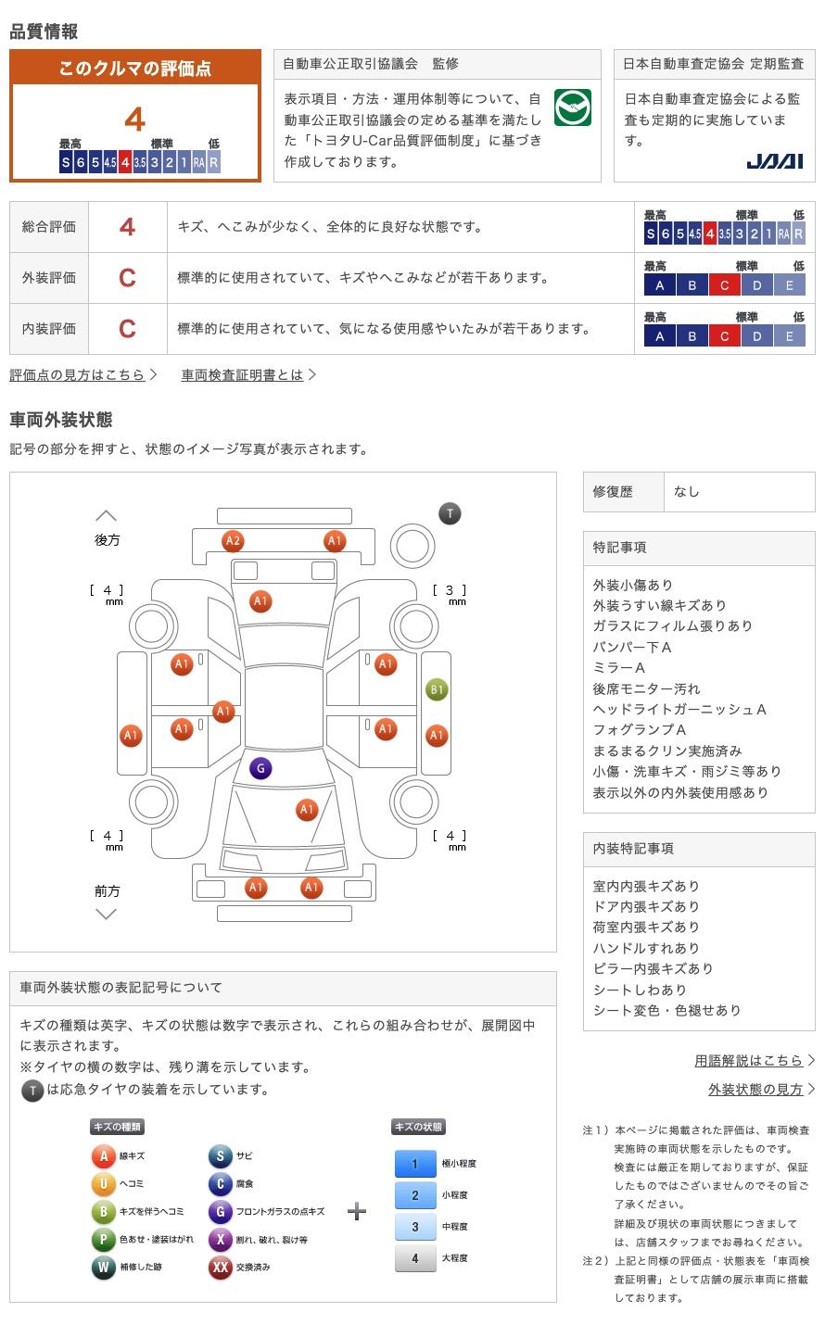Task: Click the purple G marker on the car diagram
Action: coord(260,768)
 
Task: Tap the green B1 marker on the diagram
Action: coord(436,689)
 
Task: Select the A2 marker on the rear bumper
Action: coord(233,541)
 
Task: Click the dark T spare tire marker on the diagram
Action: coord(450,513)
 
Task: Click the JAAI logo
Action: coord(774,161)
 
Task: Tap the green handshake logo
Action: coord(573,108)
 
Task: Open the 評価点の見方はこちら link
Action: coord(78,374)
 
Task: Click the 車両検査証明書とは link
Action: coord(242,374)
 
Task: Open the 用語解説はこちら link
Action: coord(748,1060)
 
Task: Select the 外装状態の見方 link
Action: coord(755,1089)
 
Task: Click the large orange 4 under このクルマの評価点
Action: coord(135,120)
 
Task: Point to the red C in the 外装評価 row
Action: coord(128,278)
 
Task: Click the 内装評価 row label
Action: coord(49,329)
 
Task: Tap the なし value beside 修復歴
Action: coord(687,491)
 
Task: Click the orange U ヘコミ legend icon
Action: coord(104,1183)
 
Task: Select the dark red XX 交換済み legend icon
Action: coord(220,1267)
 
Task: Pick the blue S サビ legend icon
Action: coord(220,1155)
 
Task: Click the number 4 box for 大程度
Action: coord(414,1257)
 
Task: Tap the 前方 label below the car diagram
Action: coord(107,890)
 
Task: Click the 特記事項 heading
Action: coord(620,548)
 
